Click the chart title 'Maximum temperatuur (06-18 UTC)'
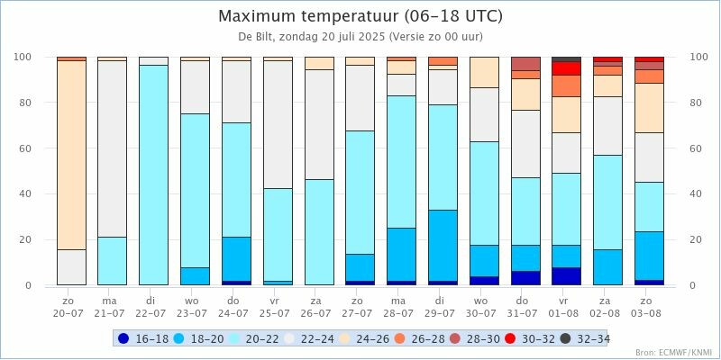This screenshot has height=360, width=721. [x=360, y=16]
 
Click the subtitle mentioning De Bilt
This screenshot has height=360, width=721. [x=360, y=37]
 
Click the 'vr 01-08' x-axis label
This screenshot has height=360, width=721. [x=566, y=306]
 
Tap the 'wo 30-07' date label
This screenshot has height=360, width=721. [x=483, y=306]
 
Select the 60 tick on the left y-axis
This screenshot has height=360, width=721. [x=24, y=148]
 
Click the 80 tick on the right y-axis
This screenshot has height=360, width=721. [x=696, y=103]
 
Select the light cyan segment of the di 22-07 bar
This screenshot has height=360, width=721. [x=153, y=175]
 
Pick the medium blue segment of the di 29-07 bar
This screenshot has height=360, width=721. [x=443, y=245]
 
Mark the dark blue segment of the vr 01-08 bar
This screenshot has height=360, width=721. [x=566, y=276]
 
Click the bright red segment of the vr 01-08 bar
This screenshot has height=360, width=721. [x=566, y=68]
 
